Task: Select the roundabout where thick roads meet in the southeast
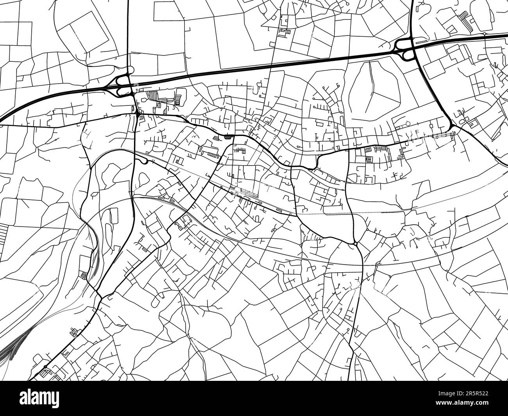click(355, 243)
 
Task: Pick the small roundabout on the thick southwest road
click(45, 366)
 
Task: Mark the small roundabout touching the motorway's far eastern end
click(484, 34)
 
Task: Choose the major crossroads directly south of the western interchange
click(138, 113)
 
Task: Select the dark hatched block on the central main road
click(228, 137)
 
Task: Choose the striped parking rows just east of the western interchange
click(152, 94)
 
